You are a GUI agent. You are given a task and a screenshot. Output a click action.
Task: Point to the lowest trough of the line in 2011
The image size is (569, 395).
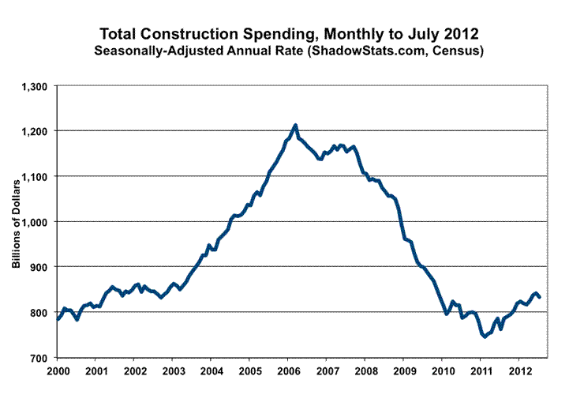coord(484,337)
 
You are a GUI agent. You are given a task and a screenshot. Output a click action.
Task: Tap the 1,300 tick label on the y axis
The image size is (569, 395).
coord(36,85)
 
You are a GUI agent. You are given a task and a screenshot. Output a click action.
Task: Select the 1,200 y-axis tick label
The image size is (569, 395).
coord(36,130)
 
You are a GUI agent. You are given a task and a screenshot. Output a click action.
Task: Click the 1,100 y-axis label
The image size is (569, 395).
coord(36,176)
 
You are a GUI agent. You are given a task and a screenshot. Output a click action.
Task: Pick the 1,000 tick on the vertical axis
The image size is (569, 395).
coord(36,222)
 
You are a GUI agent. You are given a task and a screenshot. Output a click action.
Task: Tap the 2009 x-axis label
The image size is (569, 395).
coord(403,370)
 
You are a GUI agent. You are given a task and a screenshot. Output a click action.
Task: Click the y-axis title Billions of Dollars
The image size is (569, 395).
coord(15,222)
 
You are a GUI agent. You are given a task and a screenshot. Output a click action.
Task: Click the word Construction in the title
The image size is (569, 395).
coord(197,35)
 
